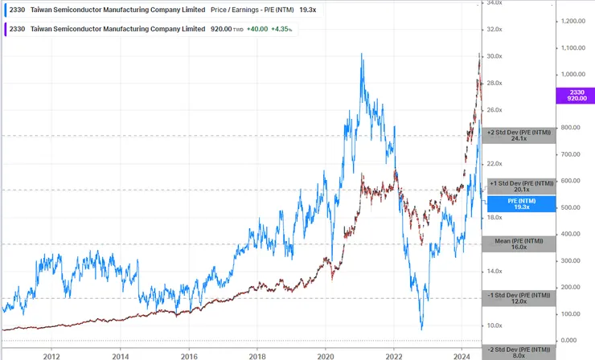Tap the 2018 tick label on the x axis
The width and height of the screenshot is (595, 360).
[x=257, y=354]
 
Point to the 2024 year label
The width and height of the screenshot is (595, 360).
[x=462, y=354]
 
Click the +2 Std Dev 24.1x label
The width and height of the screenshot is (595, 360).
[x=519, y=135]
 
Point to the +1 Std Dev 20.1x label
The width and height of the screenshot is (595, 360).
[x=519, y=186]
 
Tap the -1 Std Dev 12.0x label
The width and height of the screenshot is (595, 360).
[x=519, y=298]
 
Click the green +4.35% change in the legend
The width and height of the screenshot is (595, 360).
[x=279, y=29]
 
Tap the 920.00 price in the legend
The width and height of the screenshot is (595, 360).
[x=220, y=29]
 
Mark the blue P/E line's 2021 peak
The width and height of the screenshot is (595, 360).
[x=361, y=55]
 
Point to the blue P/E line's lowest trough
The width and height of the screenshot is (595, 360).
[x=421, y=329]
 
